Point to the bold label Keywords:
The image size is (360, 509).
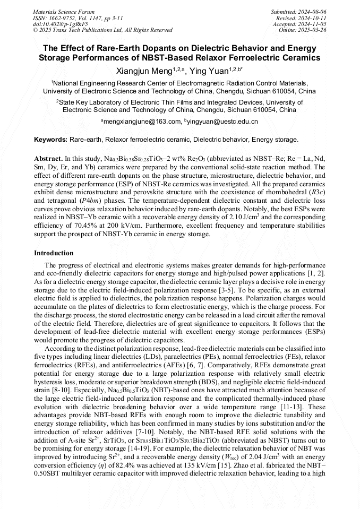pos(51,140)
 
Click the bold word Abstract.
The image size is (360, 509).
pos(48,159)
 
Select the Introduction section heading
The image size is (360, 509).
pos(54,253)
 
